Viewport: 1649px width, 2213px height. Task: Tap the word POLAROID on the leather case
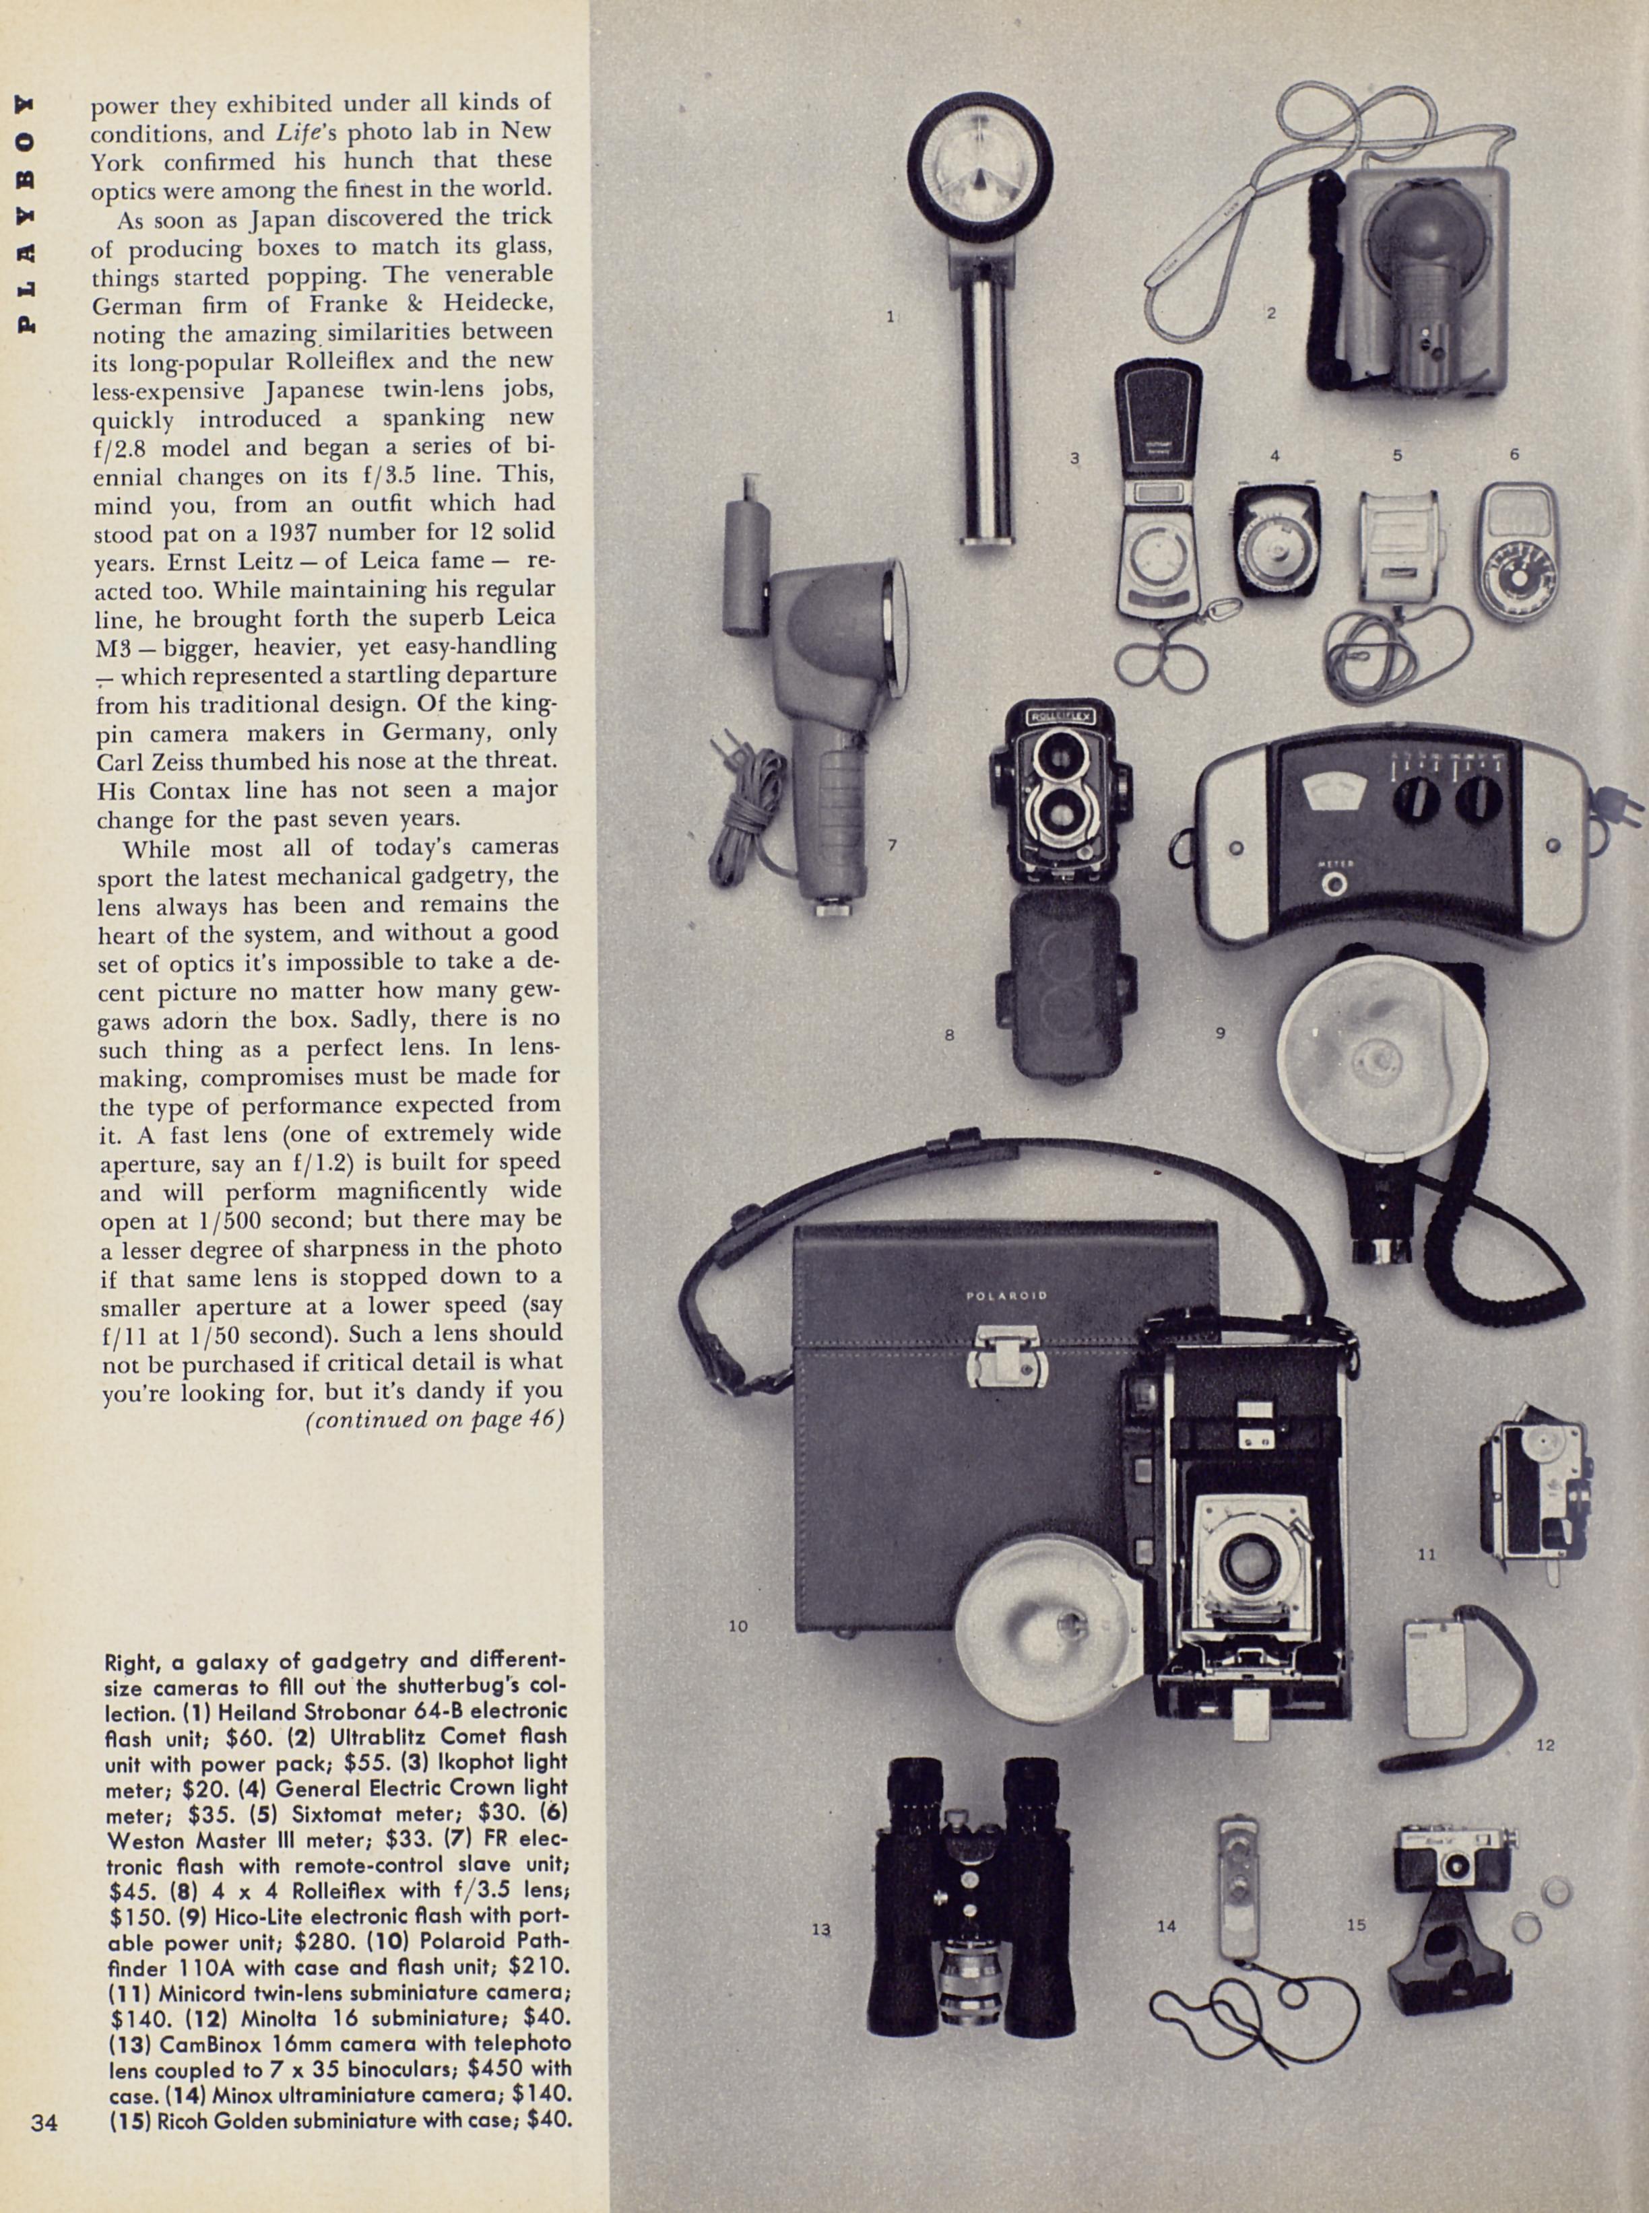[1006, 1295]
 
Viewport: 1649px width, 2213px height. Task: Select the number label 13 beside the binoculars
[820, 1930]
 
